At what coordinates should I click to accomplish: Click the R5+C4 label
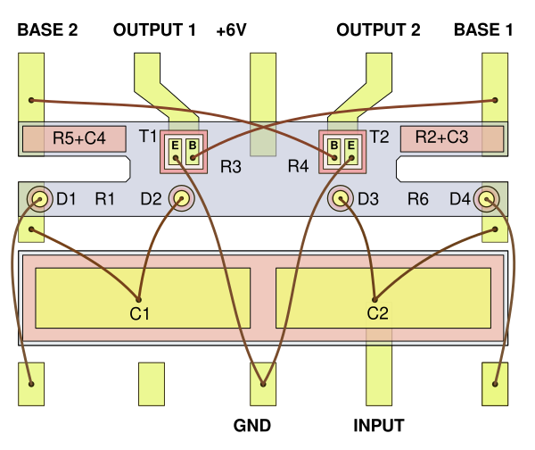tap(78, 138)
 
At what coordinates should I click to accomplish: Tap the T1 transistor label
tap(148, 137)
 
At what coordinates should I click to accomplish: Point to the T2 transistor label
tap(379, 137)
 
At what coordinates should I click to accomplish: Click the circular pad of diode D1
tap(37, 198)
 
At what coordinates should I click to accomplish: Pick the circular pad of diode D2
tap(182, 198)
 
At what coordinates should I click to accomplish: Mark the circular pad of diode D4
tap(487, 198)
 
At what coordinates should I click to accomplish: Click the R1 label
tap(105, 198)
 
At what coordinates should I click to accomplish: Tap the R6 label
tap(418, 198)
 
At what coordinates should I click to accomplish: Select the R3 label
tap(231, 166)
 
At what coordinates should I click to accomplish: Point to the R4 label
tap(298, 166)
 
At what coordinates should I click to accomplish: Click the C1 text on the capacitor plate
tap(139, 313)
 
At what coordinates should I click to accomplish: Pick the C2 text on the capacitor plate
tap(378, 313)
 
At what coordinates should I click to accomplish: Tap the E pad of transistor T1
tap(175, 151)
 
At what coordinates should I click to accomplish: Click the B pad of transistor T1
tap(192, 151)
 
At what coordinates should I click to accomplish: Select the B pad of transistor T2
tap(333, 151)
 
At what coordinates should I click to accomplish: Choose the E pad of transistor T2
tap(350, 151)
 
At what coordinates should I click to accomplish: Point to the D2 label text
tap(151, 198)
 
